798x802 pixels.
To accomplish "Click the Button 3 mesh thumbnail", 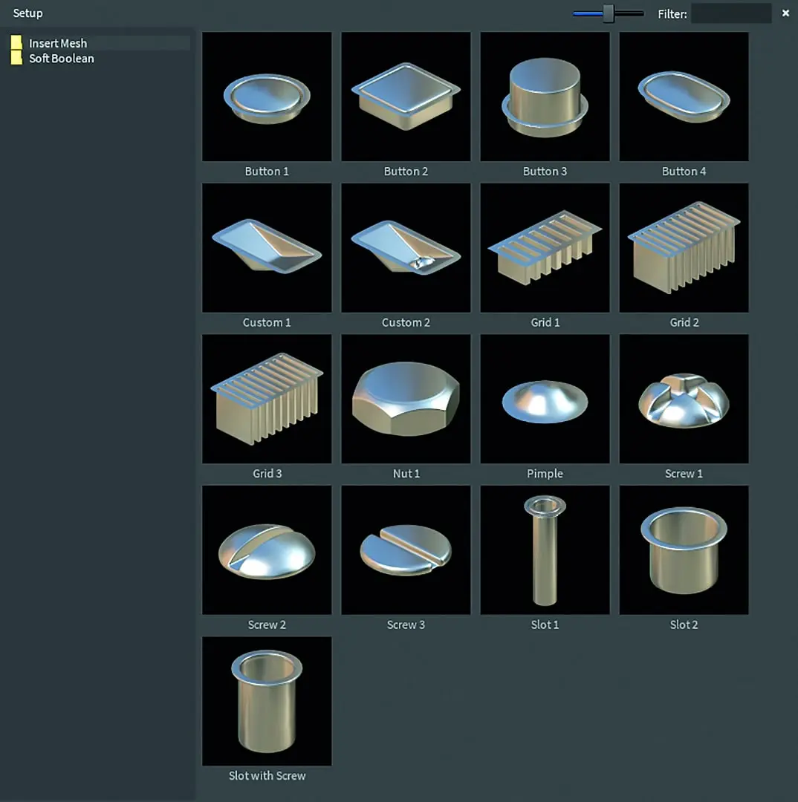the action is [x=545, y=97].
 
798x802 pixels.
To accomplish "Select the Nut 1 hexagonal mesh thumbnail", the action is [x=406, y=399].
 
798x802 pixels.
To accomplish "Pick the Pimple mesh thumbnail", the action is [x=545, y=399].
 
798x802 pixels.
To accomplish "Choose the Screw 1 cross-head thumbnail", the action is [x=684, y=399].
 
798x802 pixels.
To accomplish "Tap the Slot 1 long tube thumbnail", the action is [x=545, y=550].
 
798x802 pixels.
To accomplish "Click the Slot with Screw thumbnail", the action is [x=267, y=701].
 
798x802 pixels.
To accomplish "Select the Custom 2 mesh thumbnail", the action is [x=406, y=247].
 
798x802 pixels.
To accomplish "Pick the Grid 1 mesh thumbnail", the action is [x=545, y=247].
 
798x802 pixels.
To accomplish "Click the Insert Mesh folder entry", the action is [x=58, y=44].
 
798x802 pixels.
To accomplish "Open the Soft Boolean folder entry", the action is [x=62, y=59].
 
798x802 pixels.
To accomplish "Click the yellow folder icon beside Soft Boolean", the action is [x=16, y=58].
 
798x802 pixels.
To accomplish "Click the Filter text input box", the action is [x=731, y=13].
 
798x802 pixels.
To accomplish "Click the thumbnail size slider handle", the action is [x=608, y=13].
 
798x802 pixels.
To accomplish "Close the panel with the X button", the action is [x=785, y=13].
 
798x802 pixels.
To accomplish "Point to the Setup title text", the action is [x=27, y=13].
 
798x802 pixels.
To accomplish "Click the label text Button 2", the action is [x=406, y=172].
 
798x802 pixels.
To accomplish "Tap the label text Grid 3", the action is [x=267, y=474].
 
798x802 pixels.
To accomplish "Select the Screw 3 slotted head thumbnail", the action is [x=406, y=550].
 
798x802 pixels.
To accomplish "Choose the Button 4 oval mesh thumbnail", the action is [x=684, y=97].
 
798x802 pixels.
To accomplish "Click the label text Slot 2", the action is [x=684, y=625].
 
